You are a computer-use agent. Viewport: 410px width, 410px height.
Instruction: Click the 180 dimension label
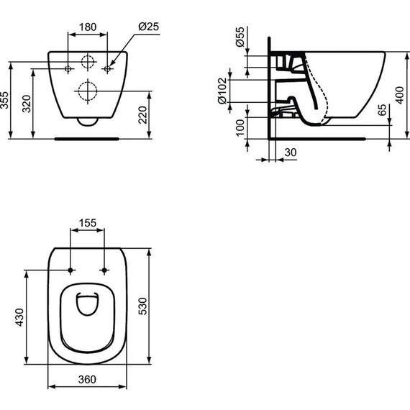[x=87, y=27]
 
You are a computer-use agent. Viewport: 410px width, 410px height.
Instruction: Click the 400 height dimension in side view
[x=399, y=94]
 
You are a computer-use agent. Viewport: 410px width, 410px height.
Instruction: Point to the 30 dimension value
[x=289, y=152]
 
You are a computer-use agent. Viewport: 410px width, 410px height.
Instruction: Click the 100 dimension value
[x=240, y=127]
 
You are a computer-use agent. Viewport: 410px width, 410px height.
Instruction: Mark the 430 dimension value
[x=19, y=316]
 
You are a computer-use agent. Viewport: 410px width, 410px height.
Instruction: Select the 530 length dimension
[x=163, y=306]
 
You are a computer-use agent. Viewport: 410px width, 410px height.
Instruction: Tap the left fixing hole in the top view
[x=70, y=270]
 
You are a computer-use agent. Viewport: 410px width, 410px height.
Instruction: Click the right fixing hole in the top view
[x=105, y=270]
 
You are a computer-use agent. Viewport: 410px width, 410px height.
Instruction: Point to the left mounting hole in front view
[x=68, y=68]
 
